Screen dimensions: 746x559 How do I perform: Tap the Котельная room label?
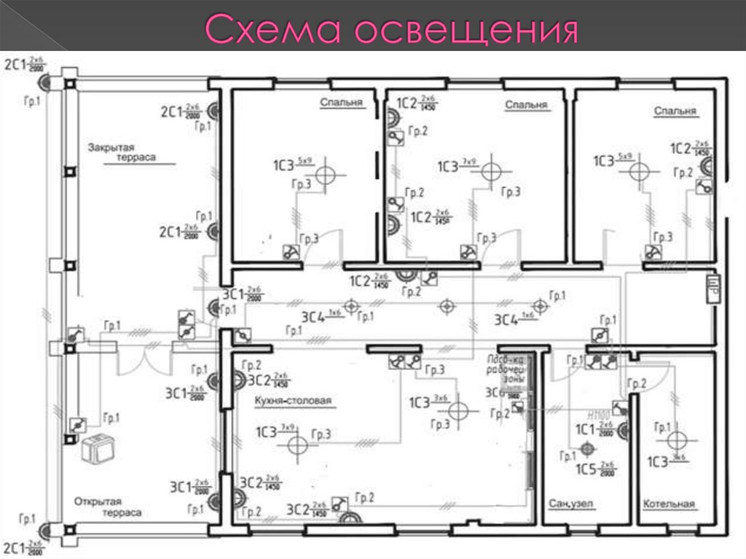[x=669, y=504]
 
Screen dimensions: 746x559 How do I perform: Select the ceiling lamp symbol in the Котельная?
[x=677, y=440]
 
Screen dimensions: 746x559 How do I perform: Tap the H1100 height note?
[x=598, y=413]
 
